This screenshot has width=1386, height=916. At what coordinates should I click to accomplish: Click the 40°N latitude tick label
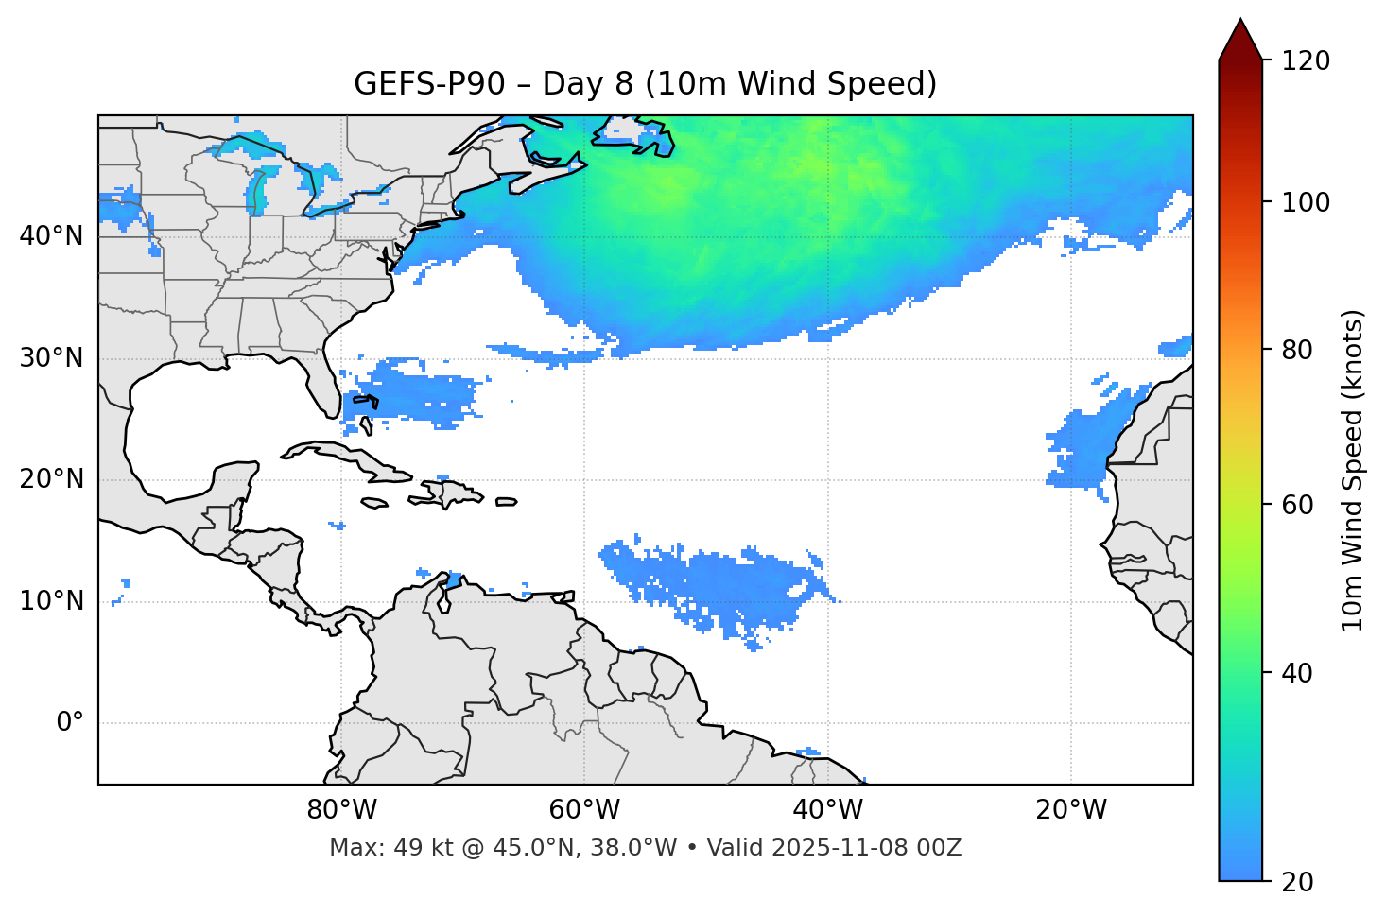tap(51, 236)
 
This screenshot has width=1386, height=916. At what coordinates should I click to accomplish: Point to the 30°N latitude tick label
tap(51, 358)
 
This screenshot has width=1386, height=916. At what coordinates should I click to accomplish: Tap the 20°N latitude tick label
tap(51, 479)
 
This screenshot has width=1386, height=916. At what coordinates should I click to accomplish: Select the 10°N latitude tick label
tap(51, 601)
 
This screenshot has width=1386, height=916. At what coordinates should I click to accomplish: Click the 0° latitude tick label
tap(70, 723)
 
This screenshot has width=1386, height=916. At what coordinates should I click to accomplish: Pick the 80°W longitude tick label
tap(341, 810)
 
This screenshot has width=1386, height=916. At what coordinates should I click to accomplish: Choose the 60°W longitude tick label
tap(584, 810)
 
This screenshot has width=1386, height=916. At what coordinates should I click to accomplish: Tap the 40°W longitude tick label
tap(827, 810)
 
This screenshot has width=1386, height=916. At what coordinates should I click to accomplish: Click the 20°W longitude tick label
tap(1071, 810)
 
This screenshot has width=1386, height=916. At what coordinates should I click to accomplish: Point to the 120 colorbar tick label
tap(1307, 61)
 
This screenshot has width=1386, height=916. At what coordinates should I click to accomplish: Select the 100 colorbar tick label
tap(1307, 202)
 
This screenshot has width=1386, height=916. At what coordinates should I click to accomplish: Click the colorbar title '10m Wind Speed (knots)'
tap(1353, 471)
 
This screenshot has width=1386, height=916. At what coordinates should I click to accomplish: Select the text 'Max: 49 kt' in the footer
tap(372, 848)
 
